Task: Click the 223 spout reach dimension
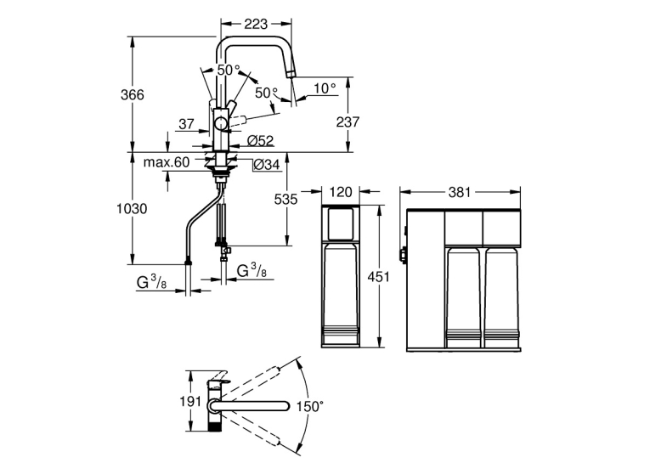pos(256,25)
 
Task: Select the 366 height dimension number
pos(133,95)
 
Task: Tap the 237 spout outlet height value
pos(348,121)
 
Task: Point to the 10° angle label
pos(325,88)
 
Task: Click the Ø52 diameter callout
pos(261,141)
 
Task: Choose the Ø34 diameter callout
pos(267,165)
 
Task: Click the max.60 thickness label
pos(167,162)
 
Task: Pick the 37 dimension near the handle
pos(187,123)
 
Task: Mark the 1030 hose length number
pos(132,208)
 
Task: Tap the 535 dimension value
pos(286,200)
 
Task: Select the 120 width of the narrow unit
pos(341,192)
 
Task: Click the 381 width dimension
pos(460,192)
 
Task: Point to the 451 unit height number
pos(378,276)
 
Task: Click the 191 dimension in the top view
pos(190,401)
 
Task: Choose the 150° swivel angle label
pos(309,406)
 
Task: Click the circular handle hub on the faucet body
pos(221,124)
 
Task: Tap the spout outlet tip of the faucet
pos(291,74)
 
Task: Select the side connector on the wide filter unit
pos(402,254)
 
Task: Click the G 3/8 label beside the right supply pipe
pos(252,271)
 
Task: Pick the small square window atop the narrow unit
pos(341,223)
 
